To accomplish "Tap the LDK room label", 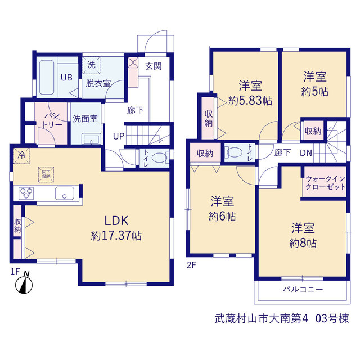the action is click(116, 220).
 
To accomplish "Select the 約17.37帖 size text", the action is click(116, 236).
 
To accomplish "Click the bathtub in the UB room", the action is click(47, 77).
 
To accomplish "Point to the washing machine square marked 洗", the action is click(91, 65).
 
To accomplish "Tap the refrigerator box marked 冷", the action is click(21, 156).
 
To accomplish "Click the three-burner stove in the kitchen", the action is click(26, 193).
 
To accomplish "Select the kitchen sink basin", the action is click(65, 193).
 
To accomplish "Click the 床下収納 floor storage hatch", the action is click(46, 174).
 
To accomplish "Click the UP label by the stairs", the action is click(119, 136).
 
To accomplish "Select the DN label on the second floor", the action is click(306, 153).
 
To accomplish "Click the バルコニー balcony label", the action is click(303, 289).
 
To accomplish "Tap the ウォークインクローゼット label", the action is click(326, 183).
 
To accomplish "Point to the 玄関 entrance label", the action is click(154, 66).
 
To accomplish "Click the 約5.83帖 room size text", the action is click(250, 101).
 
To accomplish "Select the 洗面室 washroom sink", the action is click(92, 139).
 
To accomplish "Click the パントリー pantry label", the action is click(52, 120).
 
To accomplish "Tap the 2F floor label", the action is click(191, 265).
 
